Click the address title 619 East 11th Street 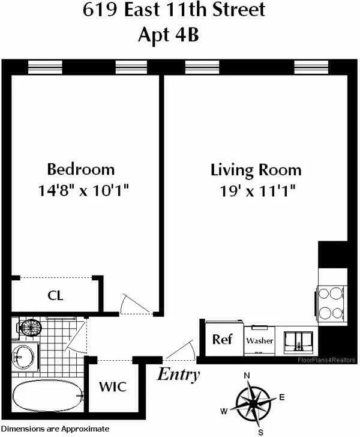tap(179, 11)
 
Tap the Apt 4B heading tap(179, 35)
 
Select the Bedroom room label tap(81, 169)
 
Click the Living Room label tap(256, 169)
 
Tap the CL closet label tap(55, 295)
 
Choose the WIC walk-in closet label tap(113, 386)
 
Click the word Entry tap(178, 375)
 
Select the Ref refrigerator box tap(222, 339)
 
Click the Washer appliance tap(259, 340)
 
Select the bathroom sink tap(24, 357)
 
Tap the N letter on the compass tap(246, 376)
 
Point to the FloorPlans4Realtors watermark tap(327, 360)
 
